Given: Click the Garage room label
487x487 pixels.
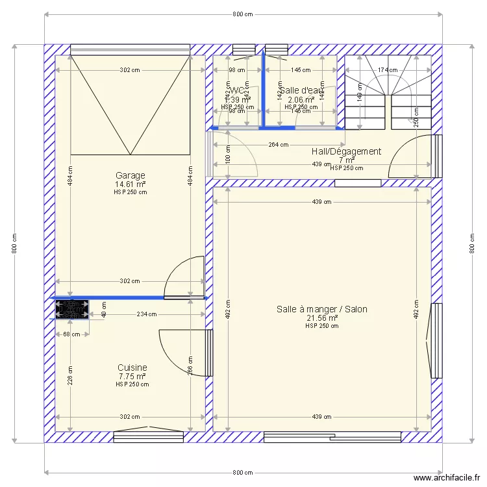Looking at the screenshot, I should click(130, 175).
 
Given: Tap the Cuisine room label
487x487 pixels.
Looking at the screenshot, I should click(132, 368).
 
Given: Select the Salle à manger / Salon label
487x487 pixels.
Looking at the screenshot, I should click(321, 309).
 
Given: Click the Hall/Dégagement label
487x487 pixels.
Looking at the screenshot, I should click(346, 151).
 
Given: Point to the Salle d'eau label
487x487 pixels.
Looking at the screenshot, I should click(301, 90).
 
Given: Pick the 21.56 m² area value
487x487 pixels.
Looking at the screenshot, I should click(321, 318).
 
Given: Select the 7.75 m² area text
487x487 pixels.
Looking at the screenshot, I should click(132, 376).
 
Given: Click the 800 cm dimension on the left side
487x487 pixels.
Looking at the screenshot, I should click(14, 243).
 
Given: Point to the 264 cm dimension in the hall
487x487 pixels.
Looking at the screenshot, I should click(278, 145).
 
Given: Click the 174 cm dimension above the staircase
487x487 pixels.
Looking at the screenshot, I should click(387, 69).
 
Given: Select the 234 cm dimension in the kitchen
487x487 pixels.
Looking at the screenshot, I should click(147, 314).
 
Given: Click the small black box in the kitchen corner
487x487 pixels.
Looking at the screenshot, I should click(71, 310).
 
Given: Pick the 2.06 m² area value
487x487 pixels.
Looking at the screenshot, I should click(301, 99).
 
